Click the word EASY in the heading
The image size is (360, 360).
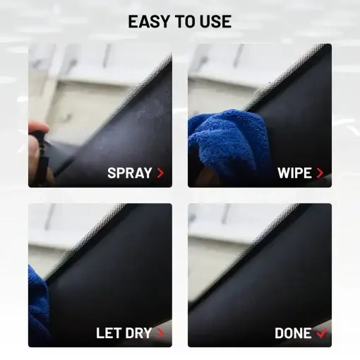(x=148, y=21)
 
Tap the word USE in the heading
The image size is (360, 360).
(x=215, y=21)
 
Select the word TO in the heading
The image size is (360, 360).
(x=185, y=21)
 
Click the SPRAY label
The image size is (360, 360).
(x=130, y=173)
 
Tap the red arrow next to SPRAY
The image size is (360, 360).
(x=160, y=173)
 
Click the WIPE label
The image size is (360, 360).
(x=294, y=173)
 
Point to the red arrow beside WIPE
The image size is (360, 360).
(x=320, y=173)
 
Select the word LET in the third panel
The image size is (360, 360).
(x=109, y=333)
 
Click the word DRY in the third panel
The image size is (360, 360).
(x=138, y=333)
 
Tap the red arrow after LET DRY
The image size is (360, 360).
(x=160, y=333)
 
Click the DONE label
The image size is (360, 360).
(x=293, y=333)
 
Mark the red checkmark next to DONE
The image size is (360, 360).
(x=321, y=332)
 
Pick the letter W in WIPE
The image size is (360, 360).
(x=284, y=173)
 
